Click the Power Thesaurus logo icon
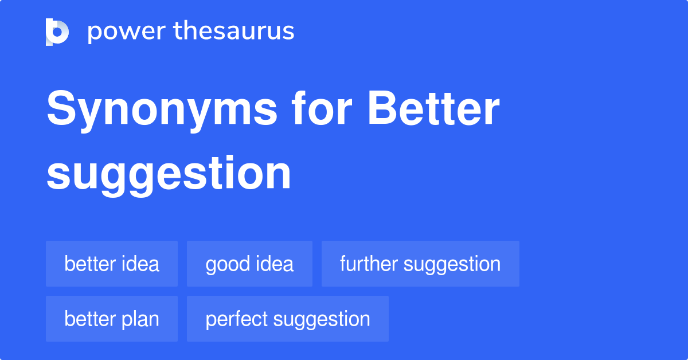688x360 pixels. point(57,32)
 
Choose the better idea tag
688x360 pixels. point(112,264)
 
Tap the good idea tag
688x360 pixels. point(249,264)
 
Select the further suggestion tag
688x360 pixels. point(420,264)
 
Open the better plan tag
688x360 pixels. point(112,319)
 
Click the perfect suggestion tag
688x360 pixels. point(288,319)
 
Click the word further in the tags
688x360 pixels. point(369,264)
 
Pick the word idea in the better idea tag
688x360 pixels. point(140,264)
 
